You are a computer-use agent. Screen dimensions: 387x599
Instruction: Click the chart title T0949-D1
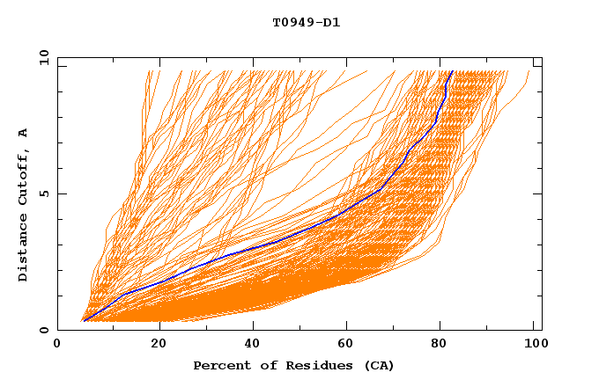tap(306, 23)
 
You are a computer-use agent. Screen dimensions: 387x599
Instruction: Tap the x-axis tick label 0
tap(57, 345)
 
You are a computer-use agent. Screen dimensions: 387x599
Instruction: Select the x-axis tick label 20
tap(159, 345)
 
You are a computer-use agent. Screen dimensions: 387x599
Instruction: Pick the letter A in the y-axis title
tap(24, 133)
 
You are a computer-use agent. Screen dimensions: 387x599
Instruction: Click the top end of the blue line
tap(452, 71)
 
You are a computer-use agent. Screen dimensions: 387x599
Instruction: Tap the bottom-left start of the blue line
tap(83, 321)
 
